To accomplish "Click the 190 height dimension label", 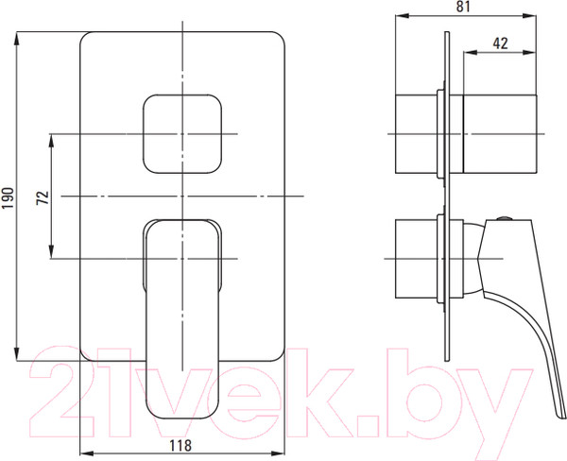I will [x=9, y=196].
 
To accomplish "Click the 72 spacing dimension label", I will [x=42, y=196].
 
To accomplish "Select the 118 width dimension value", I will [x=183, y=448].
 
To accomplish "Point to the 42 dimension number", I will [x=502, y=43].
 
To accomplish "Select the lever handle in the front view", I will [x=181, y=312].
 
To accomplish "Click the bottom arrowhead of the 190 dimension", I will [x=19, y=354].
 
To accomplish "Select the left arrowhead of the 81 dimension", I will [x=394, y=17].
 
